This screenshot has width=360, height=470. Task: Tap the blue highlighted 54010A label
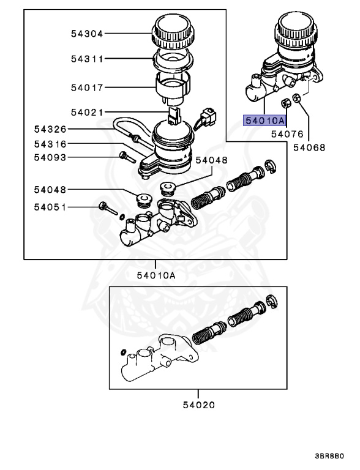(264, 121)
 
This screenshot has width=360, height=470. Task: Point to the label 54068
(309, 147)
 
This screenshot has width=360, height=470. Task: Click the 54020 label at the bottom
(199, 405)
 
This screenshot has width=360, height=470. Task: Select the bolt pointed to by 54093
(126, 157)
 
